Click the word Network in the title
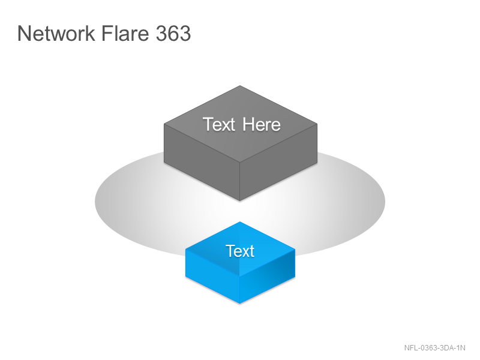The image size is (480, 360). [56, 33]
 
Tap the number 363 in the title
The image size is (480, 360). [173, 34]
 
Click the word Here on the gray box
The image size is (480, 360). [262, 124]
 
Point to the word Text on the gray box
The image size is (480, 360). [219, 124]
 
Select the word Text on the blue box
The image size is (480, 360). [240, 251]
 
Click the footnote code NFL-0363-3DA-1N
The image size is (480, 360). [434, 348]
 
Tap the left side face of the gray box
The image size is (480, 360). [202, 162]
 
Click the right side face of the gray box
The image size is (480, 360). [278, 162]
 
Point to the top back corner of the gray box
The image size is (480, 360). [240, 86]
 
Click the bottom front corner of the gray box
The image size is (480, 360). [239, 201]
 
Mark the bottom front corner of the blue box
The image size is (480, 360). [239, 304]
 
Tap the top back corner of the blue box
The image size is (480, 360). [240, 222]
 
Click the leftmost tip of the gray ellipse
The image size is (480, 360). [95, 202]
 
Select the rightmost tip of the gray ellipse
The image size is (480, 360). [385, 202]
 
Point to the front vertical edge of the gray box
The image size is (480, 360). [239, 182]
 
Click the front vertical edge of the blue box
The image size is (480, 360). [239, 290]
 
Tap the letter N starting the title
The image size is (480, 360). [24, 34]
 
